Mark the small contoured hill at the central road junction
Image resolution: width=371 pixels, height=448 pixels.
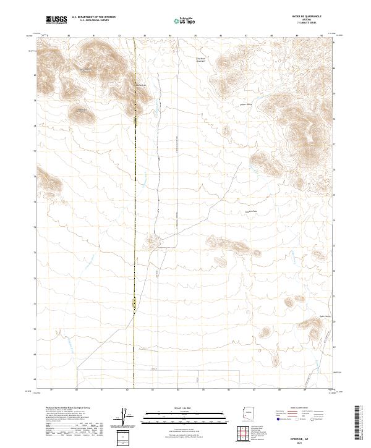pyautogui.click(x=150, y=240)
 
